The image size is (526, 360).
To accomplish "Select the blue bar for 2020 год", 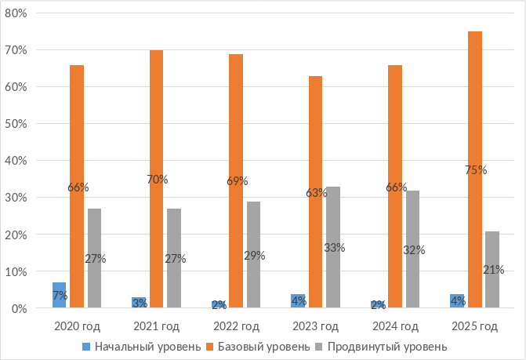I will click(60, 295).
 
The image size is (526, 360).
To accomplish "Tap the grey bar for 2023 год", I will click(333, 247).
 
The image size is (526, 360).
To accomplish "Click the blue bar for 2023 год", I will click(298, 301).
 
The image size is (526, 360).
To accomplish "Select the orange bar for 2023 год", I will click(316, 192).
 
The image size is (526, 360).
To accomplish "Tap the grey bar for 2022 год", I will click(254, 255).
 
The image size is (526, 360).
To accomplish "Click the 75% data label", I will click(475, 169).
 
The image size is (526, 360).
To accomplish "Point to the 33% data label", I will click(335, 247).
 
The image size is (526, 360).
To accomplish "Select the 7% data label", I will click(60, 296).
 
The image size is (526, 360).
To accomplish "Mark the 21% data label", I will click(493, 269).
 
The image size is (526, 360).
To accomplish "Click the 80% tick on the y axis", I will click(17, 13).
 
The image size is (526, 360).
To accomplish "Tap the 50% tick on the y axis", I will click(17, 124).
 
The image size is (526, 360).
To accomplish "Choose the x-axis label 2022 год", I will click(236, 325).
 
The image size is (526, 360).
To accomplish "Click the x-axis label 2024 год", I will click(395, 325).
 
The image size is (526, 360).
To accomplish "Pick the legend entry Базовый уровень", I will click(263, 346).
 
